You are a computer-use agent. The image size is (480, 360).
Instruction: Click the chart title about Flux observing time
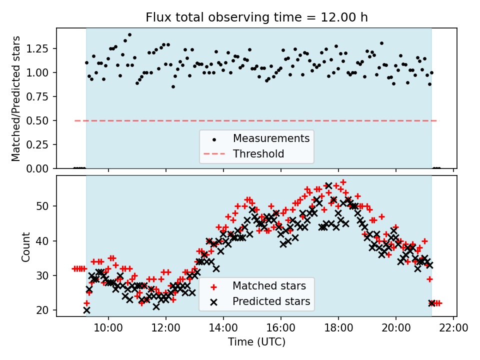[256, 17]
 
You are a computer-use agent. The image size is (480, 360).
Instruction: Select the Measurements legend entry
[271, 138]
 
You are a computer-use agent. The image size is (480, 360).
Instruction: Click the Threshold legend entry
[258, 154]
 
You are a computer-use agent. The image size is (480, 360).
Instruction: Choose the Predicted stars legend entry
[271, 301]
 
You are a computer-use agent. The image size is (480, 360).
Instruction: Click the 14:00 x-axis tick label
[223, 328]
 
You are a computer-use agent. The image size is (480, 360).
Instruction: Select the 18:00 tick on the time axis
[338, 328]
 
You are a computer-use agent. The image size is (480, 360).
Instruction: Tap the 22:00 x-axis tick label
[453, 328]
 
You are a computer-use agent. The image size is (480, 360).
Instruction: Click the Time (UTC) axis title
[256, 342]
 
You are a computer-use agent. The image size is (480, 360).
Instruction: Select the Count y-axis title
[25, 246]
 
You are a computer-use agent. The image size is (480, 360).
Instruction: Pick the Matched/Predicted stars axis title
[16, 98]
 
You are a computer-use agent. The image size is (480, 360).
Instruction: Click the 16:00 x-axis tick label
[281, 328]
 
